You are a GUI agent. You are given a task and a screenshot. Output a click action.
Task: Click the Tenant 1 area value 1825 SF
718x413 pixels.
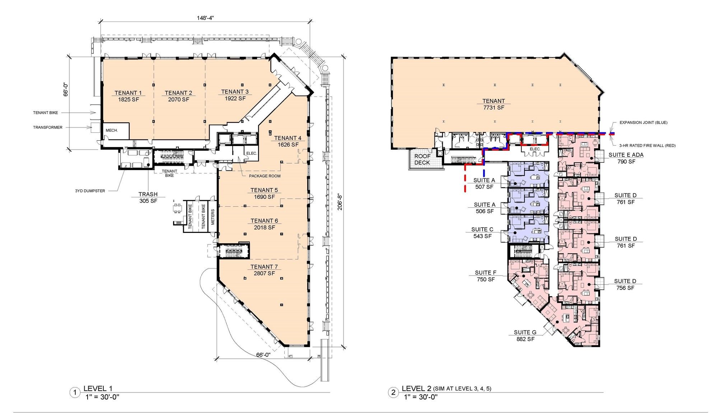128,99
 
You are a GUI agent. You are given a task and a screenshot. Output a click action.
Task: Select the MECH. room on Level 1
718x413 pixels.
116,130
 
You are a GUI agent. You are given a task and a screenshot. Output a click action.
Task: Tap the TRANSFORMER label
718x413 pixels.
48,127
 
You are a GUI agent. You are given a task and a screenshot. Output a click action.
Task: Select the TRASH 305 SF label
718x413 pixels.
148,198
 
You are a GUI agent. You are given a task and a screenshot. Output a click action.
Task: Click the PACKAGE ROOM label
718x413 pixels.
265,176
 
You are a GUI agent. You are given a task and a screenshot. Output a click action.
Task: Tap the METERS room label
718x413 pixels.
213,217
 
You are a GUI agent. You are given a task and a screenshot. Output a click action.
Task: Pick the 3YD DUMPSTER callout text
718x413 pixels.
90,191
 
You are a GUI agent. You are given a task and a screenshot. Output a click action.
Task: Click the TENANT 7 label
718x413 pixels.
264,267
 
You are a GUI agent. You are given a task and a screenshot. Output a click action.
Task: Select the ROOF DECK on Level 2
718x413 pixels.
422,159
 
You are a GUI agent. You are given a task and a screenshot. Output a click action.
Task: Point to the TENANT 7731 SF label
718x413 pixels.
494,104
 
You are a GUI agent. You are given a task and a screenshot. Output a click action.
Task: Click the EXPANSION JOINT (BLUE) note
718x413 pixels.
643,123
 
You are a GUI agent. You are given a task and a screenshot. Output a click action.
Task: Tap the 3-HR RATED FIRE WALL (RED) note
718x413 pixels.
647,146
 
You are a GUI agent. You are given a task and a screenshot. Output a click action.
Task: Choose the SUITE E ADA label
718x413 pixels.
626,155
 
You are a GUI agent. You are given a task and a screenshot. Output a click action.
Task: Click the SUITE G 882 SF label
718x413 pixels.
525,335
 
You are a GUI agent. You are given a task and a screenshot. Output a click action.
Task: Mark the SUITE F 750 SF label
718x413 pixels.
486,276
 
